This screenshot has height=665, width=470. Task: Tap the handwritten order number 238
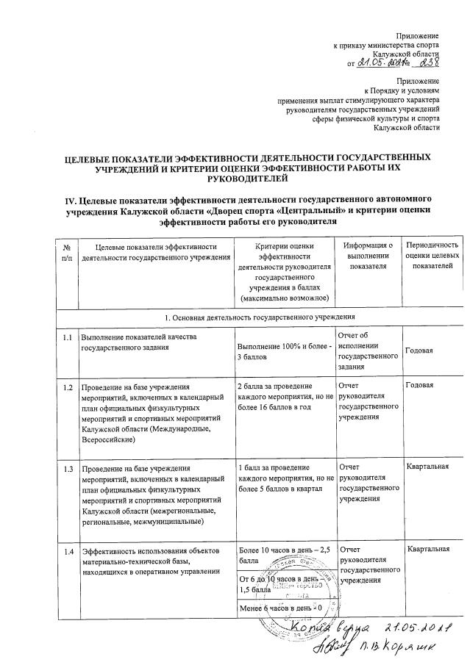point(427,63)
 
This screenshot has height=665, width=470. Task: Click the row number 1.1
point(68,337)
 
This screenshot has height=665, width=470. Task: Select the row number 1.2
point(68,387)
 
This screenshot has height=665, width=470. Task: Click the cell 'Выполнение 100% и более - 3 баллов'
point(282,351)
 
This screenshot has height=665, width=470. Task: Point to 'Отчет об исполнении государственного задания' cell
point(366,351)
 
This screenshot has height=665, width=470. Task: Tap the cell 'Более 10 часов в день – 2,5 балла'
point(282,555)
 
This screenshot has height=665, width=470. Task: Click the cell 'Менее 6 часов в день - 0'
point(282,609)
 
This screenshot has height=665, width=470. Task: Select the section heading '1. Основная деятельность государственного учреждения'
point(258,315)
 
